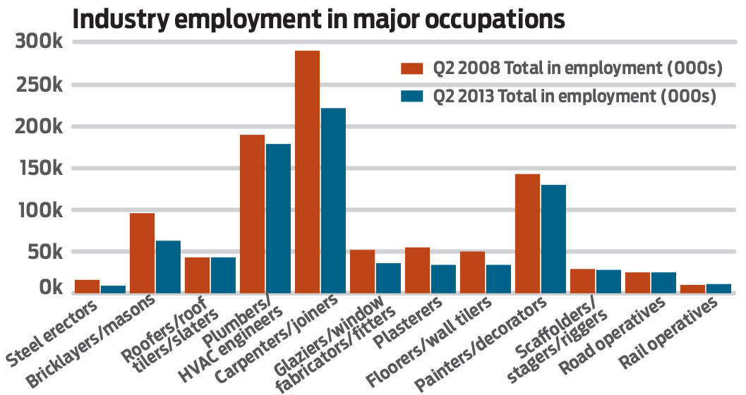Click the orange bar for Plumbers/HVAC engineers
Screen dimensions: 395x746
pos(252,212)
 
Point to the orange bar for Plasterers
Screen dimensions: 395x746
pos(417,269)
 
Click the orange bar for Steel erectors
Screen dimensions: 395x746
pos(87,285)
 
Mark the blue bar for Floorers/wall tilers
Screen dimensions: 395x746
pos(498,276)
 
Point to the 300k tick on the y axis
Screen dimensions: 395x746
pos(40,43)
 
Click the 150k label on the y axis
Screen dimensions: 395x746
pos(40,169)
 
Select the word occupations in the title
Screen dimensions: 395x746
pos(493,19)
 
